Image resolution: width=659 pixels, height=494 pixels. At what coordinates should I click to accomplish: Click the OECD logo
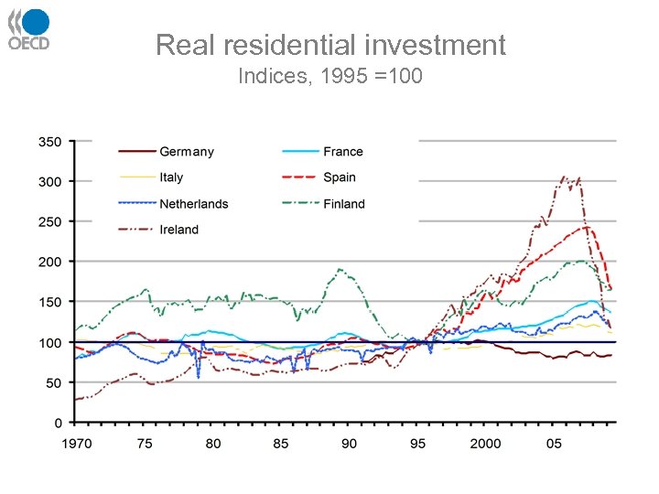[28, 29]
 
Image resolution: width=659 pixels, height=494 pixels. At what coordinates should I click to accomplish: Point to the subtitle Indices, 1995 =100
[329, 76]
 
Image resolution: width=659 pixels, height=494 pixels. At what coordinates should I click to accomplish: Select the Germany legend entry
[187, 152]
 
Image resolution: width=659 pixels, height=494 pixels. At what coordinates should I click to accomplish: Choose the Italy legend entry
[171, 177]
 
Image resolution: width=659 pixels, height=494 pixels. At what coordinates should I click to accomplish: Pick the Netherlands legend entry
[193, 204]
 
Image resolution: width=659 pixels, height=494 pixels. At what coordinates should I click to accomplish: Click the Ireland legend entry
[178, 230]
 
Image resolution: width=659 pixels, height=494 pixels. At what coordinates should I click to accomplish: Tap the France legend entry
[343, 152]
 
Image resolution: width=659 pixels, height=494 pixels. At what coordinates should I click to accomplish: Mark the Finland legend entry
[344, 204]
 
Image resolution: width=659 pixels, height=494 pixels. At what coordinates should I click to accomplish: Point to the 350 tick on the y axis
[49, 142]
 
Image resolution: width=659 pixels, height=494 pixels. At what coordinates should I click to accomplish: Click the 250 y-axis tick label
[49, 221]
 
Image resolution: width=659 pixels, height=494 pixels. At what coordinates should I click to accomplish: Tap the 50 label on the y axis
[53, 382]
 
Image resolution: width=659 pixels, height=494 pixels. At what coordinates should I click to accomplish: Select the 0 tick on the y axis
[58, 423]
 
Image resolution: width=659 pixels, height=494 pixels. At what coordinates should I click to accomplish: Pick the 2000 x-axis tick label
[486, 443]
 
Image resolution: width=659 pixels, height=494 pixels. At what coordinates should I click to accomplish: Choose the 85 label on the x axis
[280, 443]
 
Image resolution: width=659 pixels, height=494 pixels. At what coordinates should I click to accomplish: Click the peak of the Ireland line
[564, 177]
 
